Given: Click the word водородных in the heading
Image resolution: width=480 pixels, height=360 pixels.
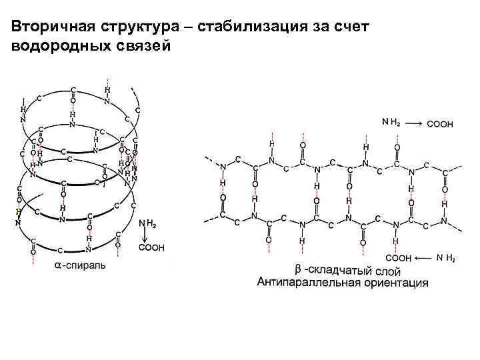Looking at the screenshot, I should [x=57, y=46].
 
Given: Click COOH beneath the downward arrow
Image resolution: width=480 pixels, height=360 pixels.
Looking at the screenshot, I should [x=151, y=247].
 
